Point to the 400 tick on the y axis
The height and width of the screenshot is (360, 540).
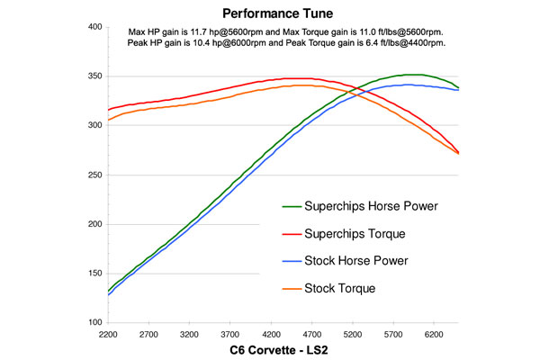coord(94,27)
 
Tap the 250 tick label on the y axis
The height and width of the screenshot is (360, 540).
coord(94,175)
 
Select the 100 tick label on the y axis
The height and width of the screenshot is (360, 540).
coord(94,322)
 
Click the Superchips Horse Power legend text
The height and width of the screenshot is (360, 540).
coord(373,207)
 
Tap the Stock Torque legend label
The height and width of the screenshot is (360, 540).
coord(339,288)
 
